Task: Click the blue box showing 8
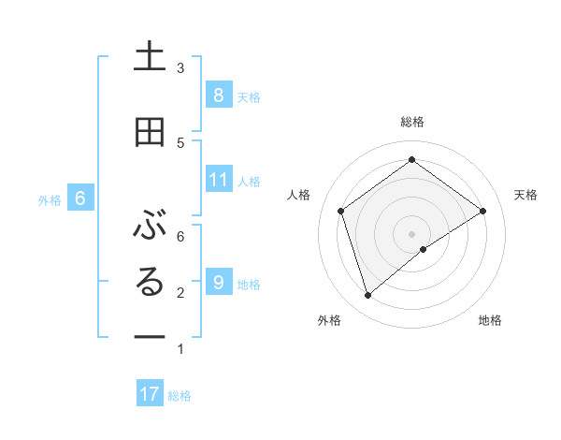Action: pyautogui.click(x=218, y=95)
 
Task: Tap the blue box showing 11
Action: pyautogui.click(x=218, y=179)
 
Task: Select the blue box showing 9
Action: pyautogui.click(x=218, y=282)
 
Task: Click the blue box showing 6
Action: pyautogui.click(x=80, y=198)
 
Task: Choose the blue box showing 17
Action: pyautogui.click(x=150, y=394)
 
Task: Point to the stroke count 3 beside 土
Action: pyautogui.click(x=180, y=67)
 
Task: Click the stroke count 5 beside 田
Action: pyautogui.click(x=180, y=142)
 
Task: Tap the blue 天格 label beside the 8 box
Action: pyautogui.click(x=249, y=96)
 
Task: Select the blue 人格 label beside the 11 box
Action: pyautogui.click(x=249, y=181)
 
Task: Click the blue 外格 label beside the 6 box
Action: pyautogui.click(x=50, y=199)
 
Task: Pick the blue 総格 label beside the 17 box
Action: pyautogui.click(x=180, y=396)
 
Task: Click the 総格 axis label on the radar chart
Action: pyautogui.click(x=411, y=122)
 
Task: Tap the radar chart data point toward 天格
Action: pyautogui.click(x=482, y=211)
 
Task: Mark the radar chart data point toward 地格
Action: pyautogui.click(x=424, y=249)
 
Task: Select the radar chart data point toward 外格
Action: pyautogui.click(x=367, y=296)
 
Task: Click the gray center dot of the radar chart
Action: pyautogui.click(x=411, y=232)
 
